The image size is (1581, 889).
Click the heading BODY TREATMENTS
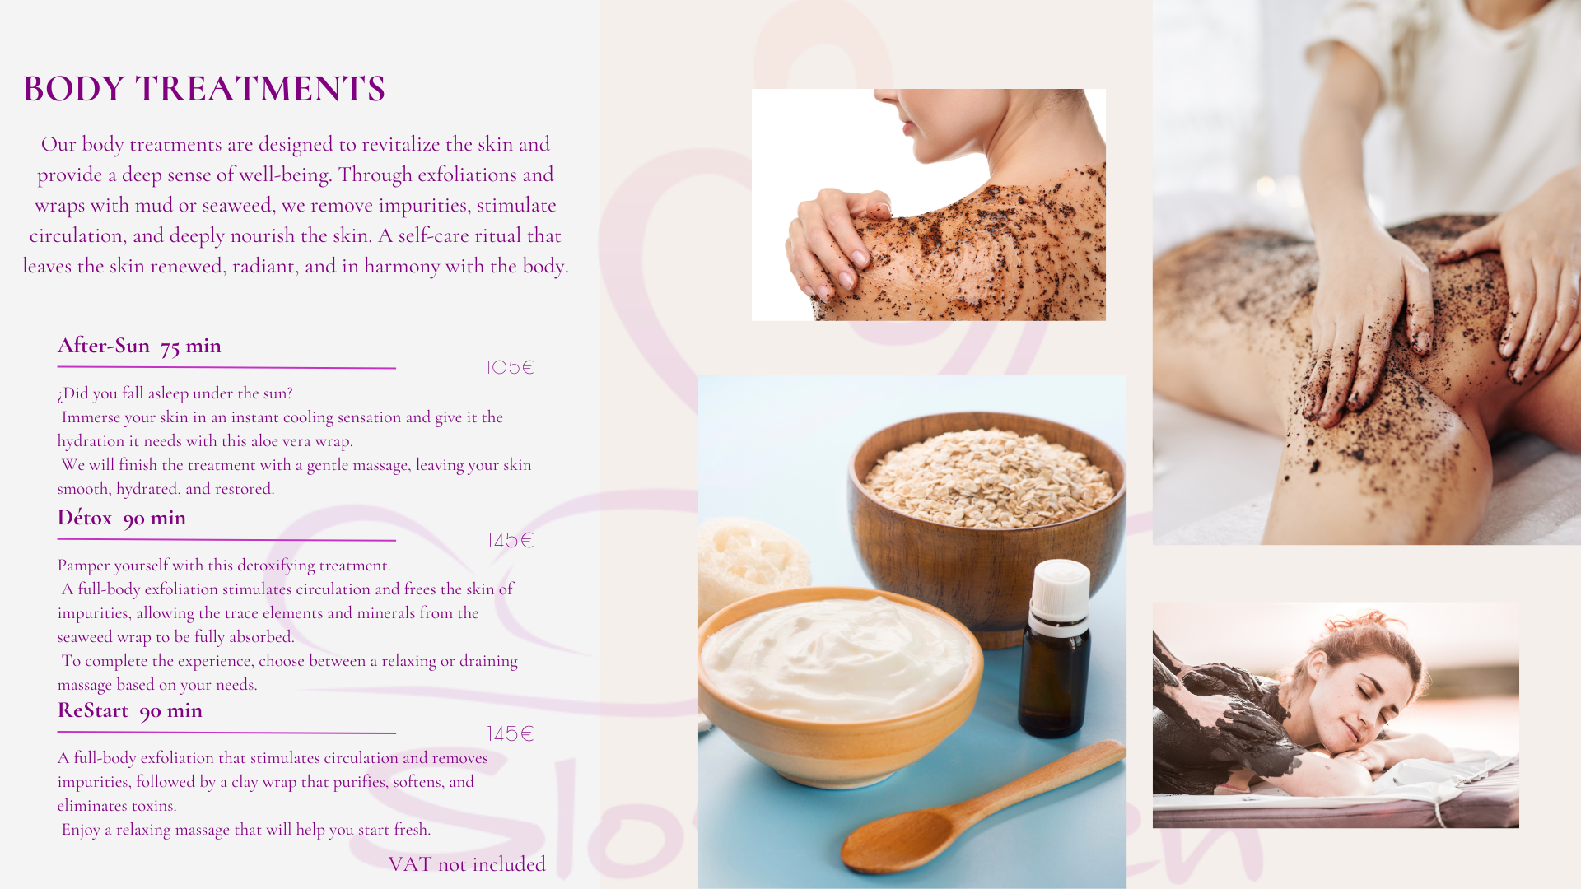pos(204,89)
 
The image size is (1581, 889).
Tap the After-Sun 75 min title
pos(139,346)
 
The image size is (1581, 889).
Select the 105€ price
pos(510,367)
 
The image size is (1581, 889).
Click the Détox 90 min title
pos(122,518)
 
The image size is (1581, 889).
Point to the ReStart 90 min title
pos(130,710)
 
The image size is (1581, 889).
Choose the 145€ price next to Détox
pos(511,540)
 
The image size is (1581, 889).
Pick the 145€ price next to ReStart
pos(511,733)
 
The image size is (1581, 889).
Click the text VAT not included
pos(467,863)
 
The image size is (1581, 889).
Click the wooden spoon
pos(980,811)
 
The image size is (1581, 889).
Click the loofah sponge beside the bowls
pos(753,560)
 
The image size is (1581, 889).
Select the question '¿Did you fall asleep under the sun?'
pos(175,393)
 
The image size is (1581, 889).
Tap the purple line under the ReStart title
pos(226,732)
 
